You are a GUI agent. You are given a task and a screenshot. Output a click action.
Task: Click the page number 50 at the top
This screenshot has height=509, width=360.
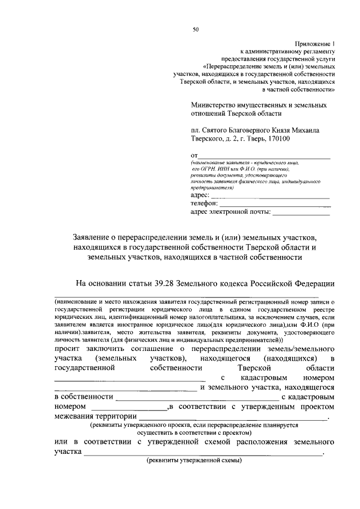coord(195,29)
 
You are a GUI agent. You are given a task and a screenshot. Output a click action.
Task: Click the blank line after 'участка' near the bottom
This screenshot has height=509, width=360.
coord(203,454)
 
